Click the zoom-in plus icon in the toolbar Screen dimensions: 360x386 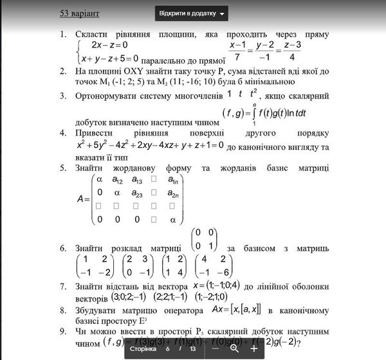point(254,348)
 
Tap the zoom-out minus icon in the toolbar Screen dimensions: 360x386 point(215,348)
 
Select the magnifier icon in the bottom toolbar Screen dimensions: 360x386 point(235,348)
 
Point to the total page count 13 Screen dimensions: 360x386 point(192,348)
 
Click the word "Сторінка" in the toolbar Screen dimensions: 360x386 point(143,348)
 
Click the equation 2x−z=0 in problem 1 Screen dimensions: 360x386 point(109,45)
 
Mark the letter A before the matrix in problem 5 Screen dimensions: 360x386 point(82,199)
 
